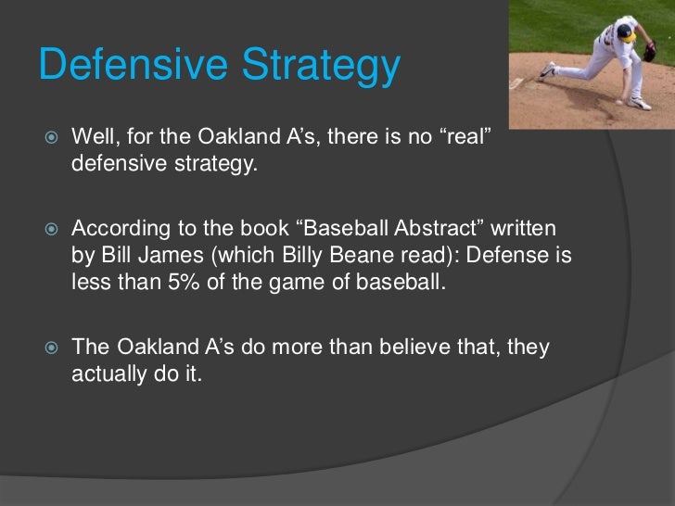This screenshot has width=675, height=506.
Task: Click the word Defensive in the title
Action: point(134,64)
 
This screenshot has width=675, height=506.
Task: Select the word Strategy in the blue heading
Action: point(321,67)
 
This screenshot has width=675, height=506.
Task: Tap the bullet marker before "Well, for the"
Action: point(51,137)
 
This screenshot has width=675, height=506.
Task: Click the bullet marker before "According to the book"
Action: point(51,229)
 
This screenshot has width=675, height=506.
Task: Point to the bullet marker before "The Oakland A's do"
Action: point(51,348)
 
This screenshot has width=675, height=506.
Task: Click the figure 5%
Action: point(184,283)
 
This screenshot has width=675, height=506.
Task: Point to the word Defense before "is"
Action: point(507,255)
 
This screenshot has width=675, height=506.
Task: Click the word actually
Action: point(108,374)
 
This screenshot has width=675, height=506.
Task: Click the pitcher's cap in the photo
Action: point(627,33)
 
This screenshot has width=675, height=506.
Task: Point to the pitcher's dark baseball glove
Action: point(650,51)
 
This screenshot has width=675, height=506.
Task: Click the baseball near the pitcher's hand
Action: point(619,102)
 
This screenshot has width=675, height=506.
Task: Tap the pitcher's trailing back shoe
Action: point(548,71)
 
